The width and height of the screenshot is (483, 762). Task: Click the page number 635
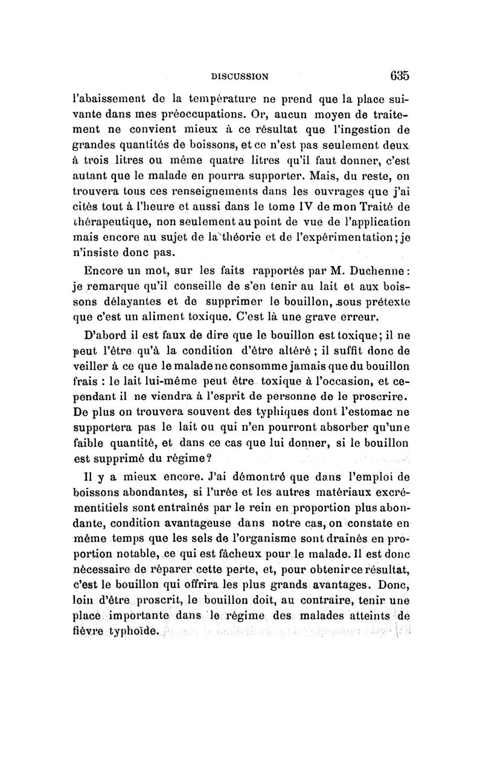(399, 76)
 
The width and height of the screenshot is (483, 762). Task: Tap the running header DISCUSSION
(240, 77)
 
